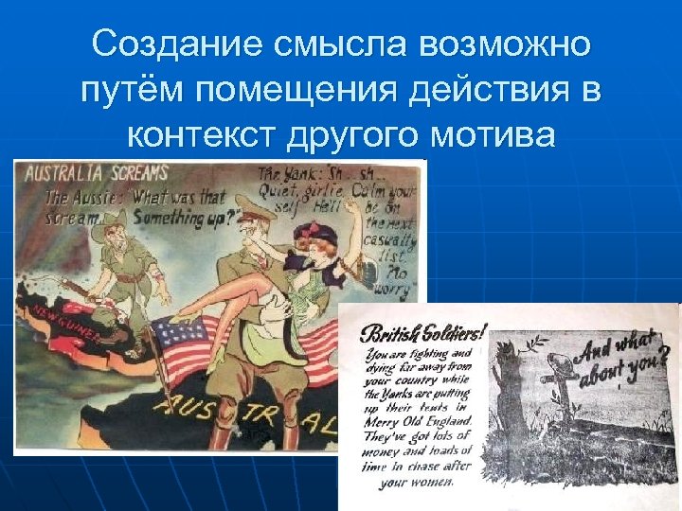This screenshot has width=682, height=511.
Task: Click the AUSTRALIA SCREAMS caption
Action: (x=96, y=174)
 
